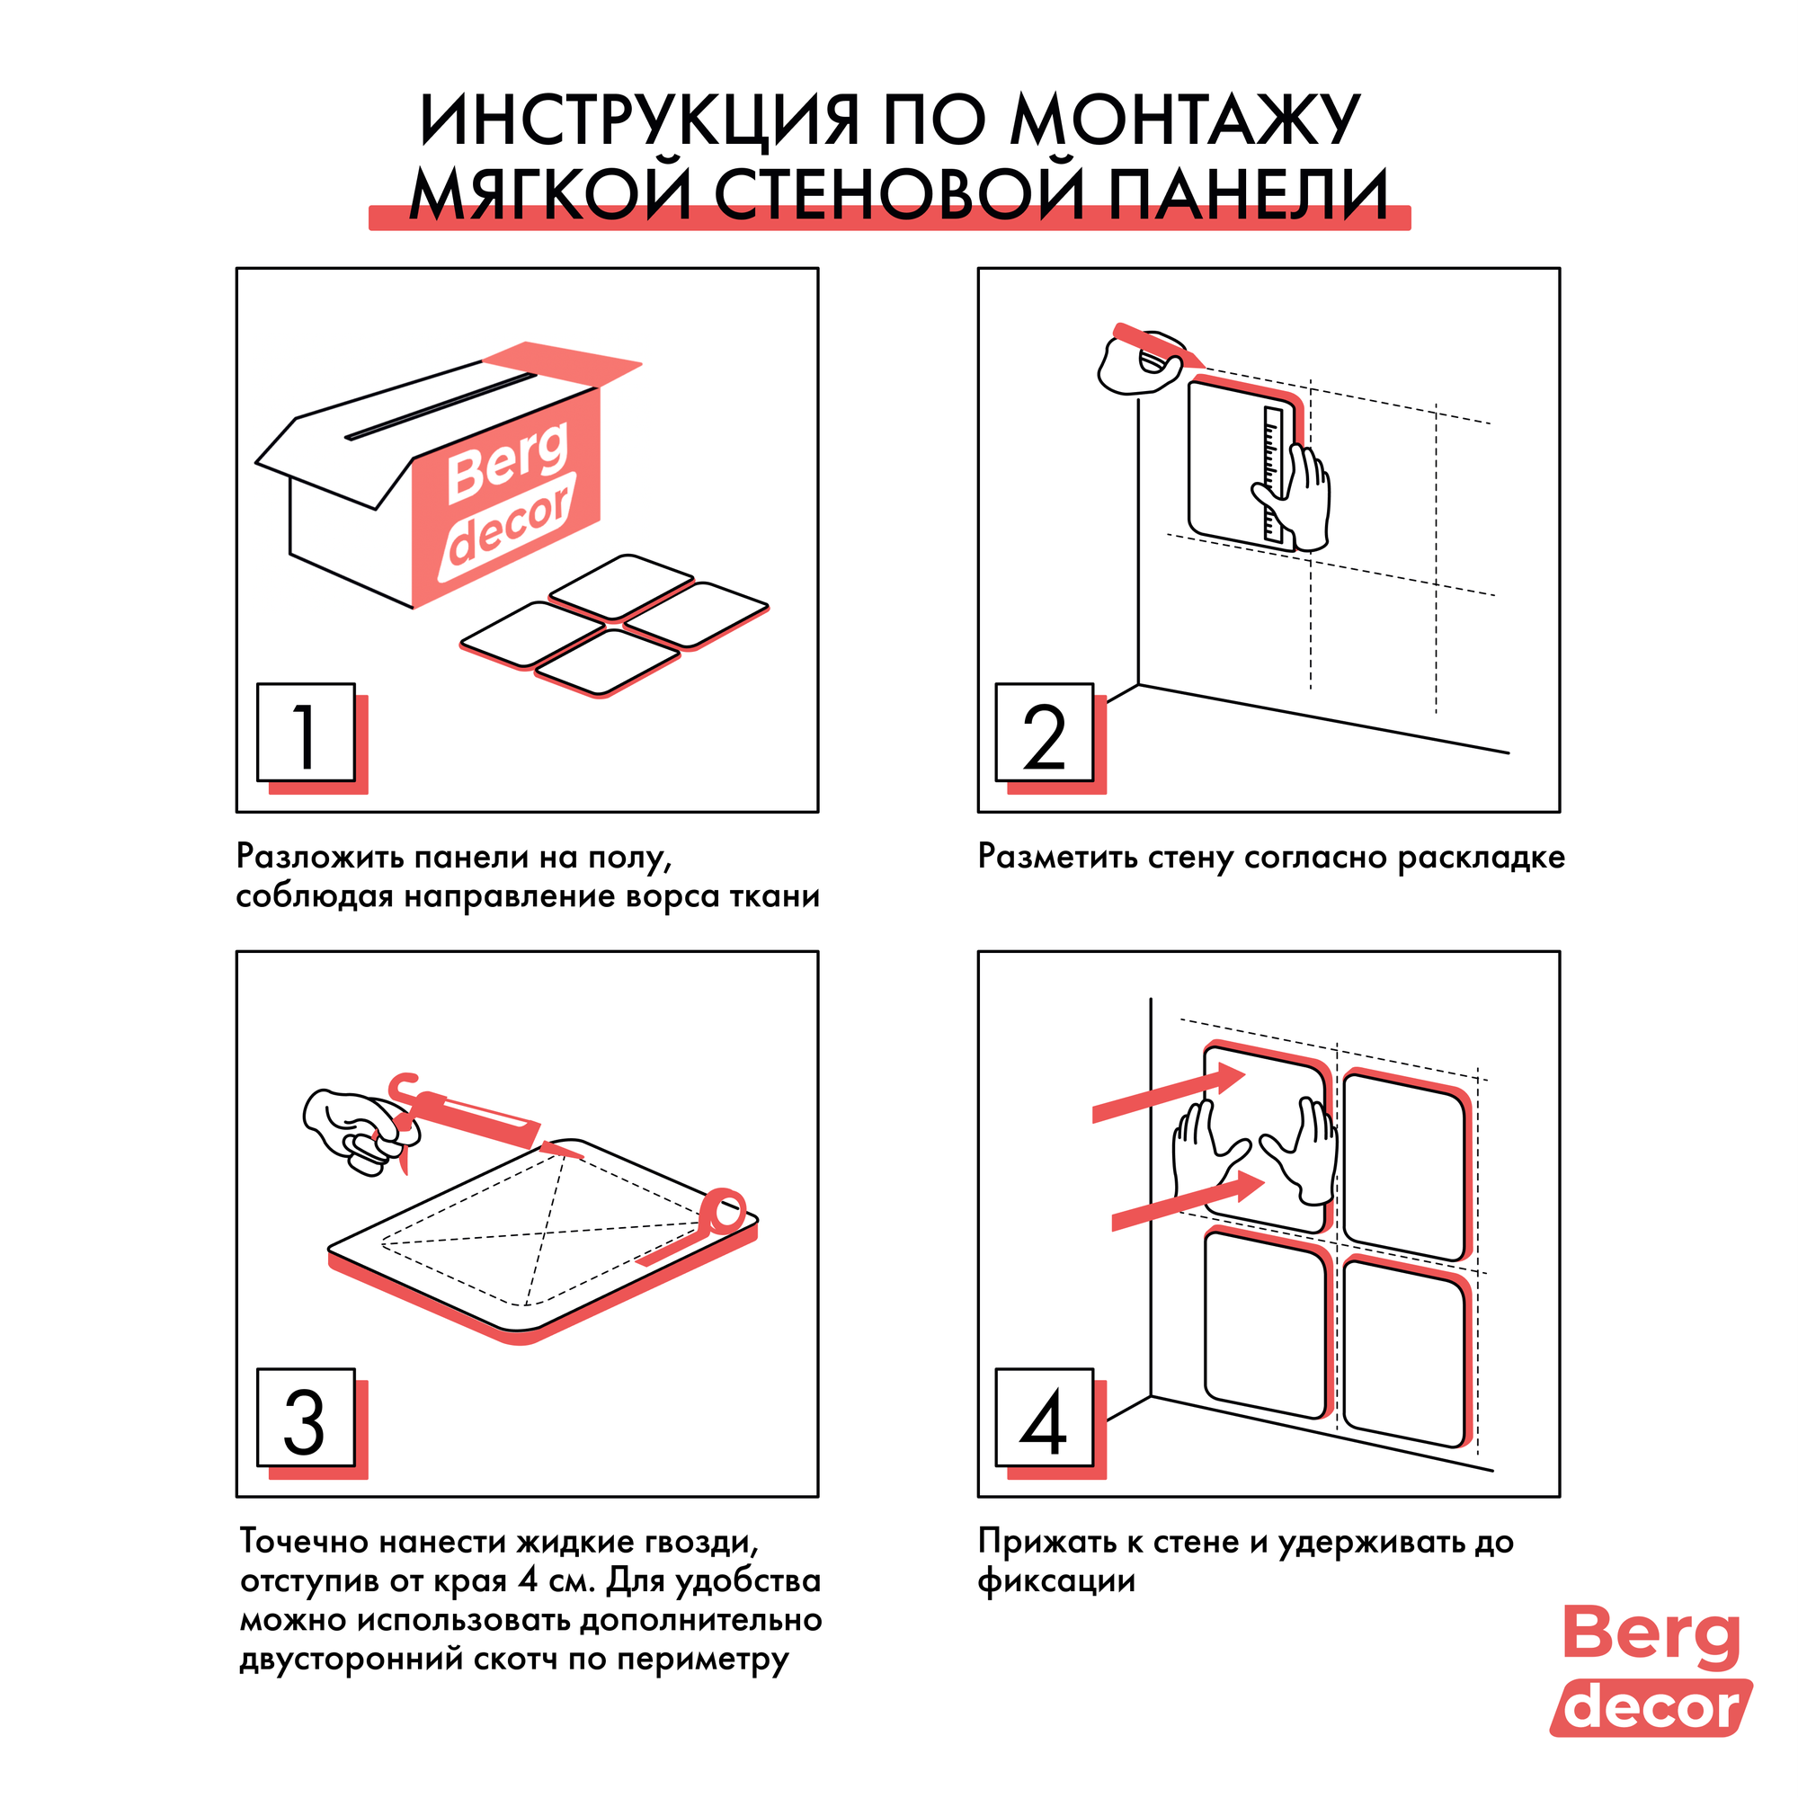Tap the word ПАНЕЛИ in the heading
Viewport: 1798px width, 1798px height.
[x=1248, y=194]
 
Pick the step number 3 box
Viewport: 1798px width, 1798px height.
[x=306, y=1418]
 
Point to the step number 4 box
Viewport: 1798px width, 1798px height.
[x=1044, y=1418]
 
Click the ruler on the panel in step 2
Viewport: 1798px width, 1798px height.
[x=1272, y=474]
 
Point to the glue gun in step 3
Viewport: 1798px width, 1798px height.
[x=466, y=1112]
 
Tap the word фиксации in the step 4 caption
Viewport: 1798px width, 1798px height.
[x=1056, y=1581]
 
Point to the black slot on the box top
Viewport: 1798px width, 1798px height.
[x=442, y=406]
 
